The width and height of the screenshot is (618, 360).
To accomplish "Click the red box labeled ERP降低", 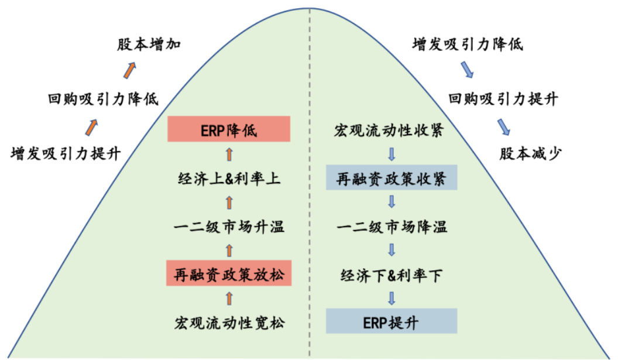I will point(229,129).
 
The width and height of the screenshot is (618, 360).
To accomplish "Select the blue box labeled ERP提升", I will point(391,321).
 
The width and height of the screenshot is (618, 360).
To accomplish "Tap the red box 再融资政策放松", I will point(229,274).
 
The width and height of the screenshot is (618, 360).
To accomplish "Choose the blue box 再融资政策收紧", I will point(391,177).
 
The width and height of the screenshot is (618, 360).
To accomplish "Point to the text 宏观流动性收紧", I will point(391,129).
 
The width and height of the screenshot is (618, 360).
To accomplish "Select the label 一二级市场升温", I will point(229,226).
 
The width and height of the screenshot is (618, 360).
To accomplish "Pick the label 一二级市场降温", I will point(391,226).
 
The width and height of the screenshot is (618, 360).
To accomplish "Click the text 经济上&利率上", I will point(229,178).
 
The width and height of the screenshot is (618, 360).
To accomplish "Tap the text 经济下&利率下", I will point(391,274).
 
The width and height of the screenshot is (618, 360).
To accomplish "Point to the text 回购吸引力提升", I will point(502,98).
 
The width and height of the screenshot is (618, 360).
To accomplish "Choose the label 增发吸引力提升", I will point(66,153).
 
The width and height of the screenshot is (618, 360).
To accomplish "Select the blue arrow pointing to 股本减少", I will point(503,126).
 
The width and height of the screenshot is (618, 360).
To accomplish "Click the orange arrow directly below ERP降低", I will point(229,154).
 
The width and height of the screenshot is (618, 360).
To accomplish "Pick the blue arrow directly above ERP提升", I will point(392,298).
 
